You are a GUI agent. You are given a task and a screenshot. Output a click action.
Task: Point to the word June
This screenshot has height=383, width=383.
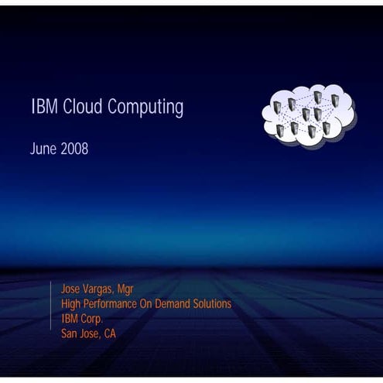[x=43, y=149]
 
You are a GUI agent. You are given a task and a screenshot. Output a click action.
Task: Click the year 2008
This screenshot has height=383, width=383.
[x=74, y=149]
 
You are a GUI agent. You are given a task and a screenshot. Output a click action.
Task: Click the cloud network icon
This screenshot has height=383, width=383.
[x=308, y=114]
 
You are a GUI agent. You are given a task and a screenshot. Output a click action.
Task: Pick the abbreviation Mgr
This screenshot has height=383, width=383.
[x=126, y=290]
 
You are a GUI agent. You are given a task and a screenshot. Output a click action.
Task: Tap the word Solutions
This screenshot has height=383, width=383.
[x=213, y=304]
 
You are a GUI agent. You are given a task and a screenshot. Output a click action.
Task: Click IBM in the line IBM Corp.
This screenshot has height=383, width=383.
[x=70, y=319]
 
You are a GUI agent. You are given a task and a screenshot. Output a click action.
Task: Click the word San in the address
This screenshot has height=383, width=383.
[x=70, y=333]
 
